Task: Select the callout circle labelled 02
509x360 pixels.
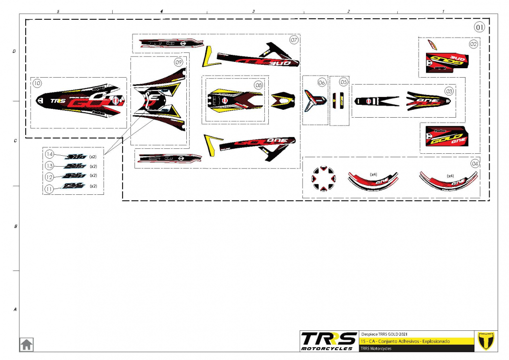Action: tap(473, 44)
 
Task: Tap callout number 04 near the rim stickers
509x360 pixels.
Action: tap(475, 163)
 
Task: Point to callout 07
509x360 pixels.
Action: tap(294, 40)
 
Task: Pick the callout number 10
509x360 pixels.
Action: tap(38, 84)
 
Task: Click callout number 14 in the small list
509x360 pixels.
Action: tap(49, 154)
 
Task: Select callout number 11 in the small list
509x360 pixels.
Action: tap(49, 188)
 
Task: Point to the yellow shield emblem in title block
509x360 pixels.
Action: tap(484, 341)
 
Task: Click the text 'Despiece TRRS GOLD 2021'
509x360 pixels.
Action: tap(384, 334)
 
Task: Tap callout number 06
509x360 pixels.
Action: tap(322, 83)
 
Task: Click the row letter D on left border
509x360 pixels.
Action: tap(15, 51)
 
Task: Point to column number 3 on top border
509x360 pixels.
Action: tap(253, 11)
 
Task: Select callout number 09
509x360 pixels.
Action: tap(178, 62)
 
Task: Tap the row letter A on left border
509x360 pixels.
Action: tap(15, 310)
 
